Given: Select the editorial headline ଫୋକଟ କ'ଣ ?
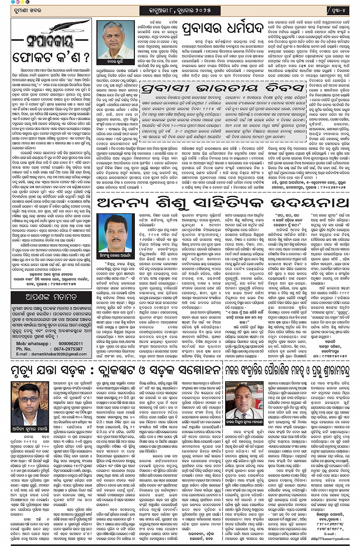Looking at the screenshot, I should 51,58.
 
